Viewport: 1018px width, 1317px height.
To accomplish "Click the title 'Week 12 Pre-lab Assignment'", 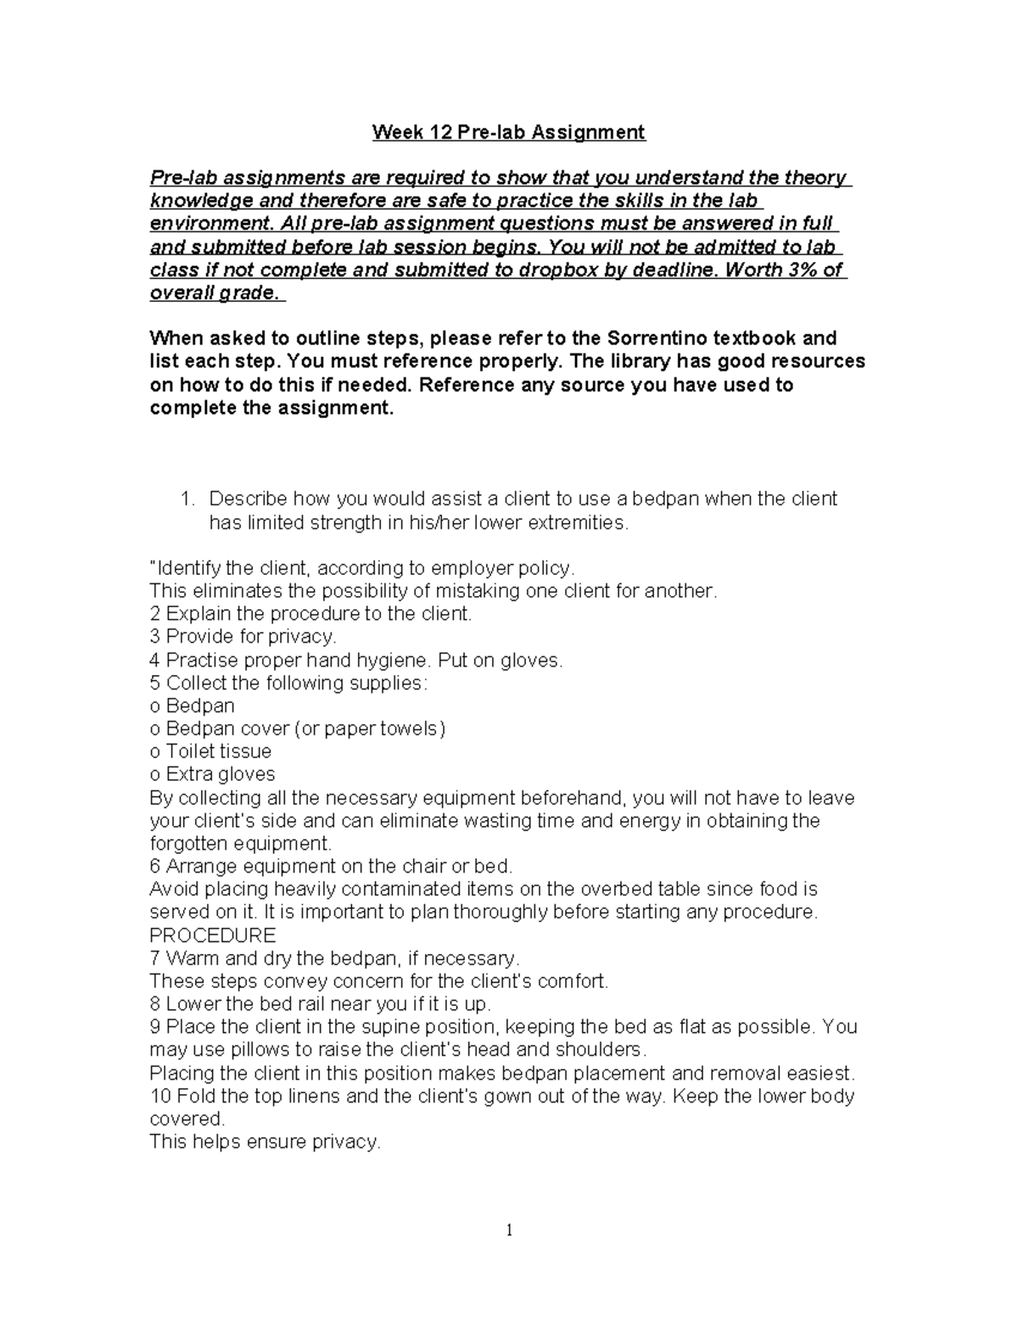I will (x=509, y=132).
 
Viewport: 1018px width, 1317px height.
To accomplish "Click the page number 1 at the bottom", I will (x=509, y=1231).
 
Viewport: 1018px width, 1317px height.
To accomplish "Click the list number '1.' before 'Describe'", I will (x=189, y=499).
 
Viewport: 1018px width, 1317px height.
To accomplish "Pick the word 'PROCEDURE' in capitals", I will (x=212, y=935).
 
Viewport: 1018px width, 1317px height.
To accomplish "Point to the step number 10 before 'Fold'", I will (x=160, y=1096).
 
